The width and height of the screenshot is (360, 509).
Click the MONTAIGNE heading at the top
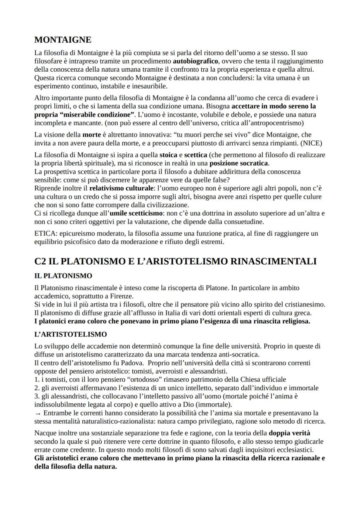point(63,40)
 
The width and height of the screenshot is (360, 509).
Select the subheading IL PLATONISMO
point(63,276)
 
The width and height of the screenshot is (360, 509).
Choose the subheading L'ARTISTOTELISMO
point(70,335)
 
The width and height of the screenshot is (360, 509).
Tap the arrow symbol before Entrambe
point(37,413)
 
